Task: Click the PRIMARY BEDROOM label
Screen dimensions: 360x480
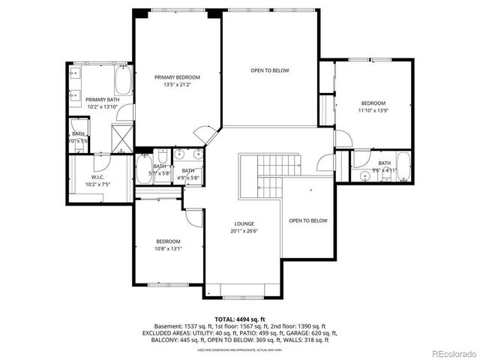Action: (178, 77)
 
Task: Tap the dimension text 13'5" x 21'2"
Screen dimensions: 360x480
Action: (178, 85)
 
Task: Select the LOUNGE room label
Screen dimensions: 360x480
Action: (244, 223)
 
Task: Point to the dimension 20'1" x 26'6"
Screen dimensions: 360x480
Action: (244, 231)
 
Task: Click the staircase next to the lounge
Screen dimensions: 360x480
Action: (271, 175)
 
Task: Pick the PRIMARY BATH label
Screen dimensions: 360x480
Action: (102, 100)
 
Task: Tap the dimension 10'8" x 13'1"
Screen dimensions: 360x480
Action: (168, 248)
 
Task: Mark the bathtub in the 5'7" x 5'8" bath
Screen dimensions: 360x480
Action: (142, 169)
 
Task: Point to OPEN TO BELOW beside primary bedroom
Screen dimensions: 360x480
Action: (269, 70)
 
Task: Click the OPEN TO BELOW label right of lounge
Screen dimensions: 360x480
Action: (308, 220)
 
